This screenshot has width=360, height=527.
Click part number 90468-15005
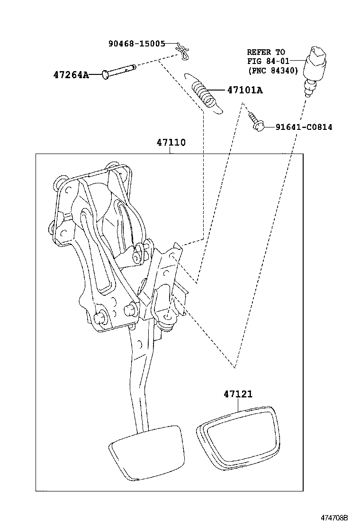136,44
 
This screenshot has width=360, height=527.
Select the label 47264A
71,74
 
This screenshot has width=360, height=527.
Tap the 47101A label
244,90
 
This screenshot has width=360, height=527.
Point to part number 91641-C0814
303,127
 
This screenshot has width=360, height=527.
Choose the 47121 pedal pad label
238,394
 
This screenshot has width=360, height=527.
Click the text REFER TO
266,52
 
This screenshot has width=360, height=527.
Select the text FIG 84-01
266,62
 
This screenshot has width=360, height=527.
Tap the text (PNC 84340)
272,71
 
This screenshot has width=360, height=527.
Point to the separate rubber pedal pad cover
237,438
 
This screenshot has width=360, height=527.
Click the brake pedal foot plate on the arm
146,451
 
